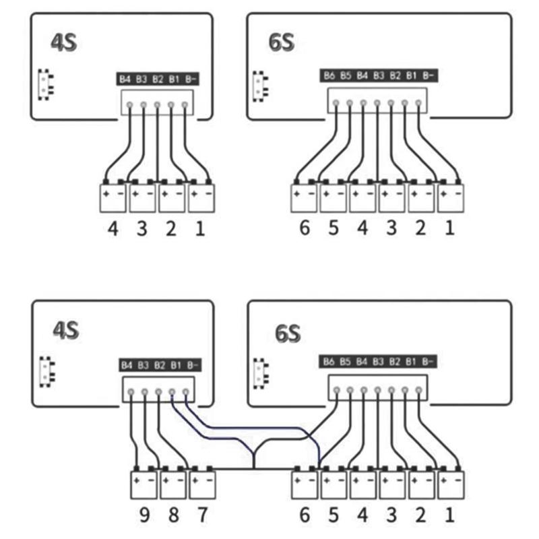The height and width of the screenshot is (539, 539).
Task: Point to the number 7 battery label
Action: pyautogui.click(x=201, y=517)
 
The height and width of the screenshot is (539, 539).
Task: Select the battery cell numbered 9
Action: pyautogui.click(x=143, y=484)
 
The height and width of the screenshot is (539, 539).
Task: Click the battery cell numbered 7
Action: pyautogui.click(x=202, y=484)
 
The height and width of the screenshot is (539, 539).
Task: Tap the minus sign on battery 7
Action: pyautogui.click(x=210, y=481)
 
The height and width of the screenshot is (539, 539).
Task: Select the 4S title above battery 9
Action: pyautogui.click(x=66, y=331)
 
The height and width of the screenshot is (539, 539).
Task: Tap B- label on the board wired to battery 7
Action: pyautogui.click(x=192, y=365)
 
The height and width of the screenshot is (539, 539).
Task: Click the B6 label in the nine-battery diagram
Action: pyautogui.click(x=329, y=362)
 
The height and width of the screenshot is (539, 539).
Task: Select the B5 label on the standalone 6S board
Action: pyautogui.click(x=346, y=75)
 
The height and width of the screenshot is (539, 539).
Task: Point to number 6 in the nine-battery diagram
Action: pyautogui.click(x=304, y=517)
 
